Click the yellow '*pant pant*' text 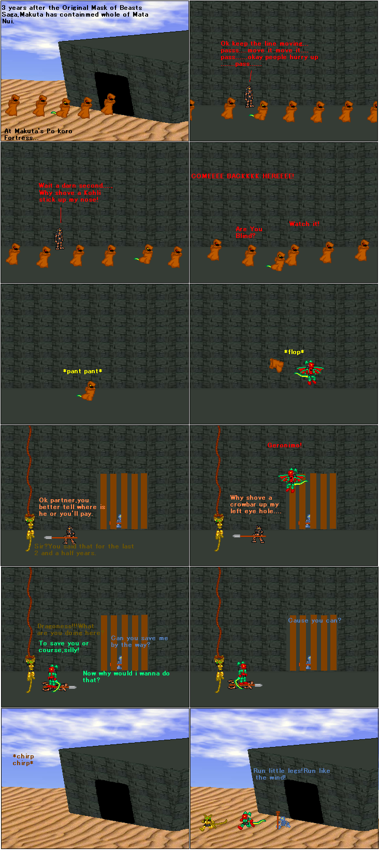pos(82,371)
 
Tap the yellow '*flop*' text pos(294,352)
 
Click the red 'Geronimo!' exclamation pos(284,445)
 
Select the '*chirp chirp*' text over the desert pos(23,759)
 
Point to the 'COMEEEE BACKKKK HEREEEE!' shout pos(242,176)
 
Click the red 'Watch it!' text pos(304,224)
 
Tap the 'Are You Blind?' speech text pos(249,232)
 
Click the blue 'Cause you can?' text pos(314,620)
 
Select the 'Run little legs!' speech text pos(291,774)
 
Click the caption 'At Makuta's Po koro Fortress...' pos(38,134)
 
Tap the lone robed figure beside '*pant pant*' pos(90,391)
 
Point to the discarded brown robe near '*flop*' pos(276,365)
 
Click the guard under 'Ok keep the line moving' pos(250,96)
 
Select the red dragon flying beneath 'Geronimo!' pos(291,480)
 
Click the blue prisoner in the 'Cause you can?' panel pos(308,662)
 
